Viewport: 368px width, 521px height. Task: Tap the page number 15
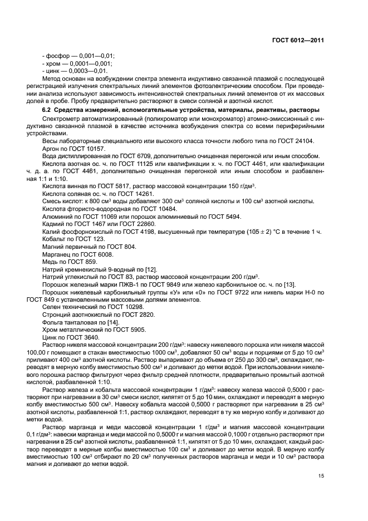[x=321, y=475]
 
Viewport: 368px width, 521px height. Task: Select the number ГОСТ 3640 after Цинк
[x=85, y=337]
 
